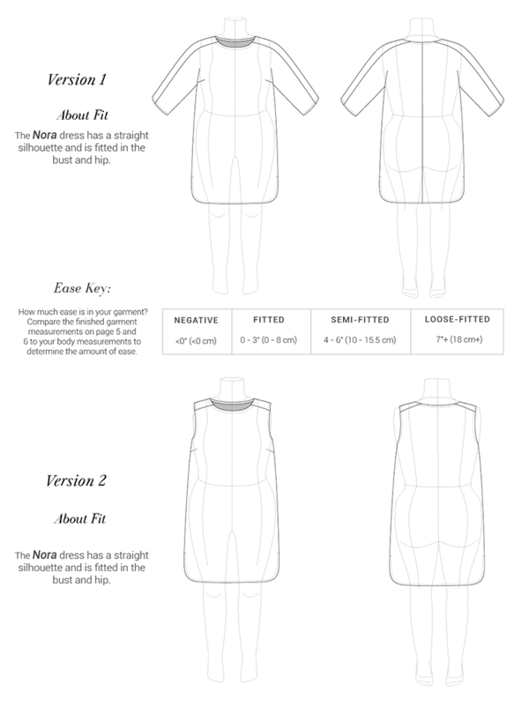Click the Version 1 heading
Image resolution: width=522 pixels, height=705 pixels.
tap(77, 79)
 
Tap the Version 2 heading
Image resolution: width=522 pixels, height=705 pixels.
tap(76, 480)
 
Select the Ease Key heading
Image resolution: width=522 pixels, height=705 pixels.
tap(82, 288)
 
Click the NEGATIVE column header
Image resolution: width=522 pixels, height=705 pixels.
tap(197, 320)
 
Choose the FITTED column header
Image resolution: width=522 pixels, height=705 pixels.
tap(269, 320)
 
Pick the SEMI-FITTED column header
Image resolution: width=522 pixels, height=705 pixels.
tap(360, 320)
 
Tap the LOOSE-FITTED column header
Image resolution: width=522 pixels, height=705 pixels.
tap(458, 319)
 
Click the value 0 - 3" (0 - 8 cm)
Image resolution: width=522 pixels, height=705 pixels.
tap(269, 340)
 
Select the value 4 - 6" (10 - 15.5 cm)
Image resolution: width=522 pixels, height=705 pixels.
tap(360, 340)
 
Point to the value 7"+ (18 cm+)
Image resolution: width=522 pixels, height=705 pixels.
tap(459, 339)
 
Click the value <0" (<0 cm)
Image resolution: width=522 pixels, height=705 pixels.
tap(197, 341)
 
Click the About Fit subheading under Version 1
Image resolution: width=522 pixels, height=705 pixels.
tap(82, 115)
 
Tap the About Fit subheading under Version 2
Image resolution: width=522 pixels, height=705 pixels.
tap(80, 519)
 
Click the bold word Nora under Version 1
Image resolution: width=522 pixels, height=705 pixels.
tap(45, 135)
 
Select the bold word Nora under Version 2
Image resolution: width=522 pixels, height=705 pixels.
tap(45, 555)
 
